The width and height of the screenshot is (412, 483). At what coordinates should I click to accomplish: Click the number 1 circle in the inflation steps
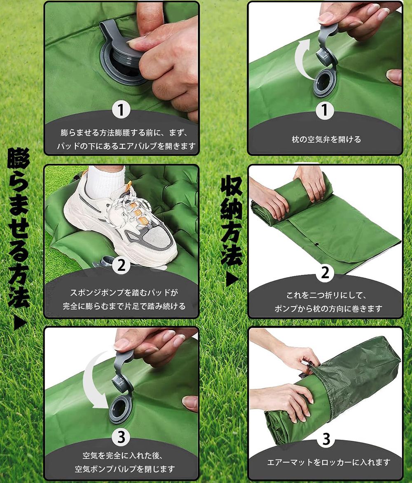click(121, 110)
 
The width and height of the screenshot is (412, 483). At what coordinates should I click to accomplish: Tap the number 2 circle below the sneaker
click(121, 265)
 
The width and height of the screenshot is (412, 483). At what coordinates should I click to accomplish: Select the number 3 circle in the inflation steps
click(121, 437)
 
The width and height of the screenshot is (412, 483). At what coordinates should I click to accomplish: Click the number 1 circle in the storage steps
click(325, 110)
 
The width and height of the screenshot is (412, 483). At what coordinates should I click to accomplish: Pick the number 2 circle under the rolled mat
click(325, 272)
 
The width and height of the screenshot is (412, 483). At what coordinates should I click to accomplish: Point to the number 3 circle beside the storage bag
click(326, 438)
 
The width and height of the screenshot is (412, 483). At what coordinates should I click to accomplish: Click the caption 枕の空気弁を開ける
click(326, 140)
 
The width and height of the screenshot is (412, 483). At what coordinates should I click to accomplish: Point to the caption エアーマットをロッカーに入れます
click(328, 462)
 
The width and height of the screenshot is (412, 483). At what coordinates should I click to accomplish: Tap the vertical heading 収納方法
click(231, 220)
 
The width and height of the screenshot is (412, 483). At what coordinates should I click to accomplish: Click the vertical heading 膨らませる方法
click(19, 228)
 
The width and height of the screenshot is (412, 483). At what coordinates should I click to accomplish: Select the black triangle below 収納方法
click(232, 280)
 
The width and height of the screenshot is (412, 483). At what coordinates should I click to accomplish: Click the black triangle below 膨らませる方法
click(20, 324)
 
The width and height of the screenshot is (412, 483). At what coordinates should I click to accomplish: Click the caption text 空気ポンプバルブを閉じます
click(125, 469)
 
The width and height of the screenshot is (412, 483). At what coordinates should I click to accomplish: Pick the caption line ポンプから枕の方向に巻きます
click(328, 308)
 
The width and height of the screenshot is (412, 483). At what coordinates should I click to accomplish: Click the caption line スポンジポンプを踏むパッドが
click(124, 292)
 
